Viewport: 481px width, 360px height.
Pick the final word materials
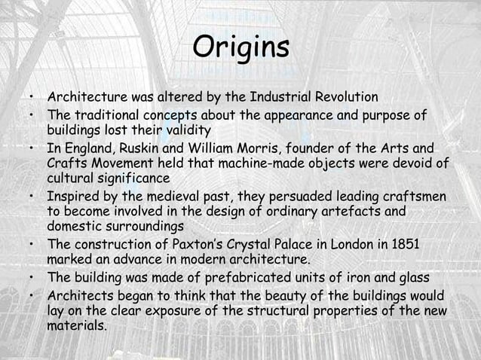pyautogui.click(x=79, y=327)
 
